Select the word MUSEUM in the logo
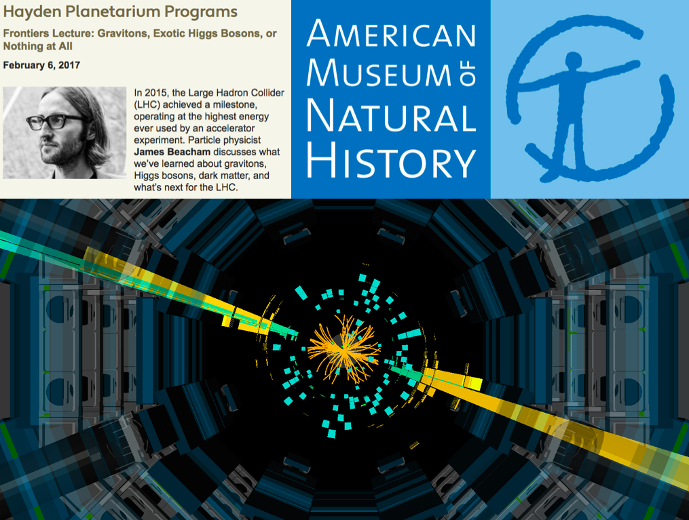click(377, 75)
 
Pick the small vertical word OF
click(467, 75)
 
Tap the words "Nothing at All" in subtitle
click(38, 46)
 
